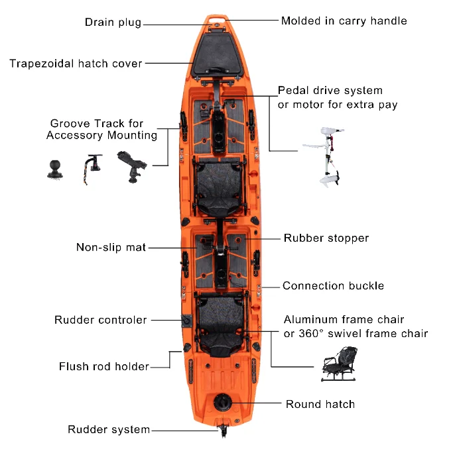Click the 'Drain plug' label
coord(113,23)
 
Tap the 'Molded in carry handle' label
coord(344,21)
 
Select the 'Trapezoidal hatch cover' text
coord(76,64)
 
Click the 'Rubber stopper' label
coord(326,238)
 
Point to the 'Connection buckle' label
coord(333,286)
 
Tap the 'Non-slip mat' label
coord(111,248)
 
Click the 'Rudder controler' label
coord(101,320)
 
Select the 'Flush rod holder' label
coord(104,366)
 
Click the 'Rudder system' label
coord(109,430)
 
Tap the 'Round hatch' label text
coord(320,404)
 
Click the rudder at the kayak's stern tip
coord(224,431)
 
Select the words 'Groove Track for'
coord(97,123)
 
